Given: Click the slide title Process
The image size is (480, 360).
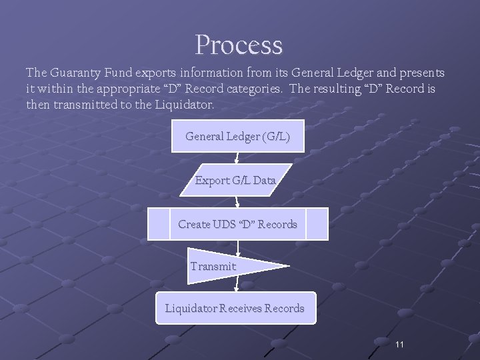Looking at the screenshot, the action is (x=239, y=45).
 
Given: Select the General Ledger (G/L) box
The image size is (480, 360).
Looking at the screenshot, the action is (x=237, y=136).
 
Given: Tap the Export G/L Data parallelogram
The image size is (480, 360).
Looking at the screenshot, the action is (x=235, y=180).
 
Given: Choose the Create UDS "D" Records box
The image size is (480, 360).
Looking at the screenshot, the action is (x=237, y=224).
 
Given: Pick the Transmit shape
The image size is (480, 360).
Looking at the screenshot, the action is (x=227, y=266).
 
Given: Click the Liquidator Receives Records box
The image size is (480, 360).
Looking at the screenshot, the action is (x=235, y=308).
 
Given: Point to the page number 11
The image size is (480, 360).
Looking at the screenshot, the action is (x=400, y=344).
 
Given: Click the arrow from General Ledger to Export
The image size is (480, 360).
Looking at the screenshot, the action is (x=237, y=158).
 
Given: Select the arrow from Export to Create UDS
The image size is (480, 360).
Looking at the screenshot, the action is (x=237, y=202).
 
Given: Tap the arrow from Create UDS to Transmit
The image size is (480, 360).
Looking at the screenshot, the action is (x=238, y=245).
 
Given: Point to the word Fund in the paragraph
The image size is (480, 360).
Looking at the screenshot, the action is (x=125, y=72).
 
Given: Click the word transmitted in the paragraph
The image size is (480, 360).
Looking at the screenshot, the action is (x=86, y=105).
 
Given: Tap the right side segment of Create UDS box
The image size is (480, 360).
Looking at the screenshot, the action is (x=317, y=224).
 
